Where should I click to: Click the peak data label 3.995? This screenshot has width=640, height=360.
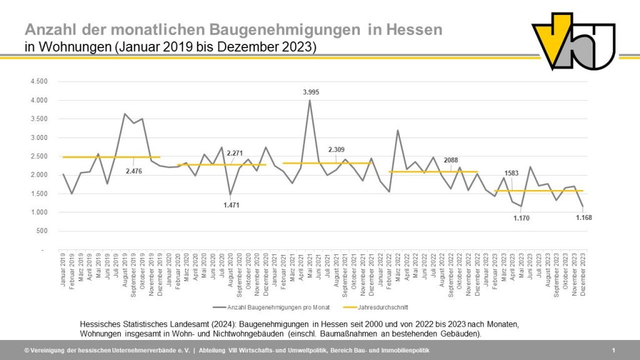point(311,92)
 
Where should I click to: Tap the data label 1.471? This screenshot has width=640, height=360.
point(231,204)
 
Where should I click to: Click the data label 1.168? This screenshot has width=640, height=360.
point(584,217)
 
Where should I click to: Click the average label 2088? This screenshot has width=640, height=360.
point(451,159)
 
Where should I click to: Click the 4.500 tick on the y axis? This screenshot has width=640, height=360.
point(39,82)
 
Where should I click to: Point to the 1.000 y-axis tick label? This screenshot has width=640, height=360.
point(39,212)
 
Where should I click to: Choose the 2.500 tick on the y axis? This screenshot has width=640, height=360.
point(39,156)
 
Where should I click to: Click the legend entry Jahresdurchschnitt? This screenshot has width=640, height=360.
point(370,307)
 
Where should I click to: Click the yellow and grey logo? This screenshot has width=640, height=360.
point(573,42)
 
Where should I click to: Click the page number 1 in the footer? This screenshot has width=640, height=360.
point(614,351)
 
